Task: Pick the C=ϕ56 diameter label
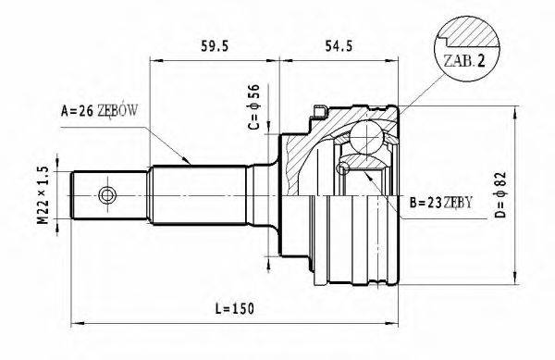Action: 256,107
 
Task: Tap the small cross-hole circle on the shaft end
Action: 107,195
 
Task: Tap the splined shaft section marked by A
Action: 199,195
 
